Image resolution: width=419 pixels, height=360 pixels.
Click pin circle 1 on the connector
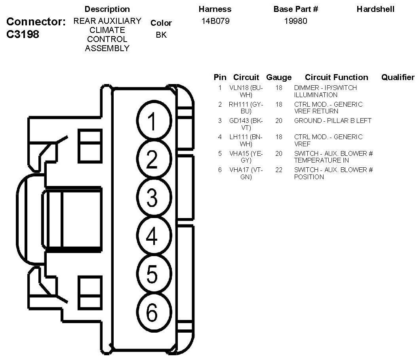[x=152, y=121]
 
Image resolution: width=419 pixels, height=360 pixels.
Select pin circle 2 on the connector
[x=152, y=159]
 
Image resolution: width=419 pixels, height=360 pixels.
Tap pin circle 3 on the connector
[x=152, y=198]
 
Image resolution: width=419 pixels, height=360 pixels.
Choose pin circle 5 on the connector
[x=152, y=274]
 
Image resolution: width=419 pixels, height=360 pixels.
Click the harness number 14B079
[x=215, y=21]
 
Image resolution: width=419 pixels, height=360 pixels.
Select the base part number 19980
[x=295, y=21]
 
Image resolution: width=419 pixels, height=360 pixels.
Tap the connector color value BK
[x=161, y=35]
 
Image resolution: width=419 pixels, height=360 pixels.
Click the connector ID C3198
[x=23, y=34]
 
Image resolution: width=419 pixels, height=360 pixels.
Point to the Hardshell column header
[x=375, y=9]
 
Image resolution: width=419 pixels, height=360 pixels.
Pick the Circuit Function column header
[x=336, y=77]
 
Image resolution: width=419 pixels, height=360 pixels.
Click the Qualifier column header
[x=398, y=77]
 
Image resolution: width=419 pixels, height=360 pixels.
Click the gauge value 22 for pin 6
[x=279, y=170]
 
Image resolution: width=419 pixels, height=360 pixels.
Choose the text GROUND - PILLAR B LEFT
[x=333, y=121]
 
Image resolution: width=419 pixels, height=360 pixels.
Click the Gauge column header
[x=279, y=77]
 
